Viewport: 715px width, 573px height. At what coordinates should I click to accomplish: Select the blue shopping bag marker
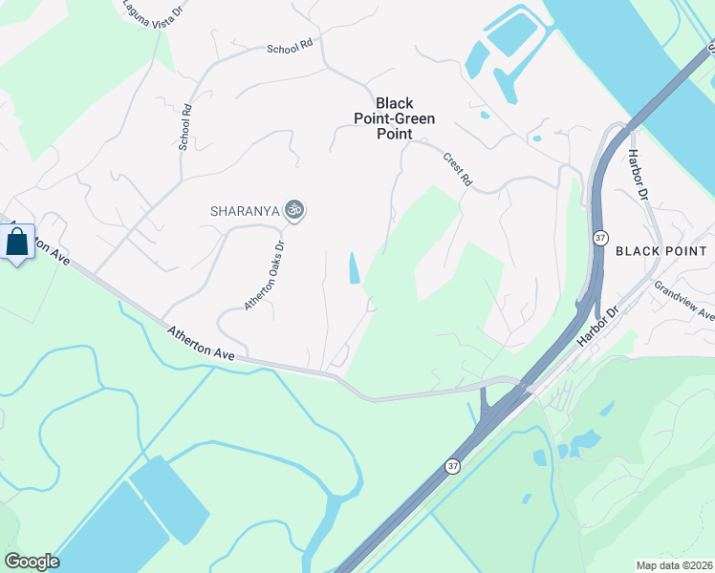click(17, 243)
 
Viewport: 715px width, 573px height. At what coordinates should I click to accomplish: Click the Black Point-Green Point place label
click(394, 118)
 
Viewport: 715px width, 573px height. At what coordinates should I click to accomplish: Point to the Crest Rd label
click(458, 168)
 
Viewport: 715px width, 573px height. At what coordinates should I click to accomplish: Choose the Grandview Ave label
click(685, 300)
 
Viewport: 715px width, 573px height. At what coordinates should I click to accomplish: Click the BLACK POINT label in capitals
click(661, 251)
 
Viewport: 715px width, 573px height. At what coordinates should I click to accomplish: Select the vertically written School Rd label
click(184, 127)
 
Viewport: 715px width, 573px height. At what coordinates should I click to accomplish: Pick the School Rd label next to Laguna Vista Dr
click(290, 47)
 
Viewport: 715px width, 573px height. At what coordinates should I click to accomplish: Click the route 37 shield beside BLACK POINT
click(599, 238)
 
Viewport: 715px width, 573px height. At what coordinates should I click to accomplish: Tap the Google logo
click(32, 562)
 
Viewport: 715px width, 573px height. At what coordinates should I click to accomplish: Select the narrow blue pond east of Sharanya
click(355, 268)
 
